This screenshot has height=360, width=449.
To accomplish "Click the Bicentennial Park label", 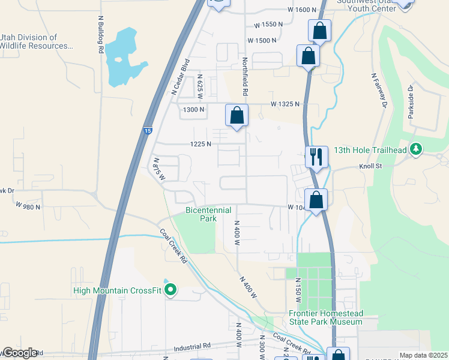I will [x=200, y=215].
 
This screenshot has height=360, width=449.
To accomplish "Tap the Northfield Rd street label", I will [x=245, y=77].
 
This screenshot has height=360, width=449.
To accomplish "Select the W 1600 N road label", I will [x=302, y=10].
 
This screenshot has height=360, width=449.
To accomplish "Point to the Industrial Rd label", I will [x=193, y=346].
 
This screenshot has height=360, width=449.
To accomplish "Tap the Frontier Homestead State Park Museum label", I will [x=325, y=317].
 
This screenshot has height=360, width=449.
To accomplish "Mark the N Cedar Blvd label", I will [x=181, y=77].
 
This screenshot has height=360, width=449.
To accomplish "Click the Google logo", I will [x=20, y=353].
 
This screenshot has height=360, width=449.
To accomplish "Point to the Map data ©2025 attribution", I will [x=423, y=355].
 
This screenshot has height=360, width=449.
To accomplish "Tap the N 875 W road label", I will [x=158, y=169].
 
